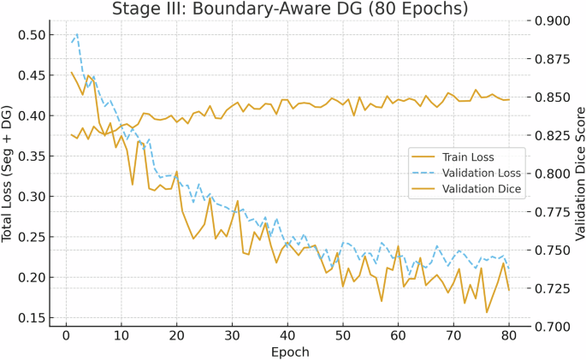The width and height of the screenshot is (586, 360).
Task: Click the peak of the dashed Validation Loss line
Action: (x=77, y=34)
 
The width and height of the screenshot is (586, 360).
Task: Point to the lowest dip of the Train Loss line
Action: (x=487, y=312)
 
